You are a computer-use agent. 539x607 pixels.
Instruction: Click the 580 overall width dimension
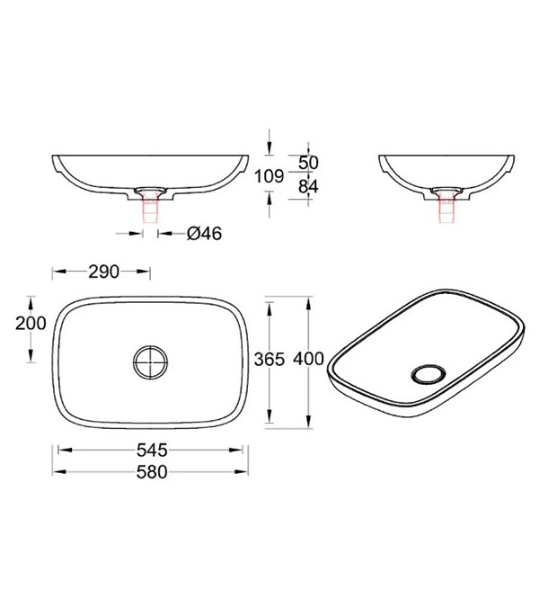pos(152,472)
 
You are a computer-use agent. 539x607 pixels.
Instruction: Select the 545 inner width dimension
pos(152,450)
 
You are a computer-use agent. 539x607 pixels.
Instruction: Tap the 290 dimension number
pos(103,272)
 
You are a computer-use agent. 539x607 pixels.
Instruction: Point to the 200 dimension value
pos(31,323)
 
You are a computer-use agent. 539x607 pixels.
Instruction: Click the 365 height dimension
pos(269,360)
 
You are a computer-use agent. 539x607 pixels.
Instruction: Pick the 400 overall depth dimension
pos(308,359)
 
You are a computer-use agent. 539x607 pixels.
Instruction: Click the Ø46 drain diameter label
pos(205,234)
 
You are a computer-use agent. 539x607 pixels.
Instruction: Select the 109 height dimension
pos(269,176)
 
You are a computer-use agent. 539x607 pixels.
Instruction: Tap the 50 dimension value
pos(308,163)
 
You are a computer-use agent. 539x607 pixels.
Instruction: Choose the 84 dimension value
pos(308,186)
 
